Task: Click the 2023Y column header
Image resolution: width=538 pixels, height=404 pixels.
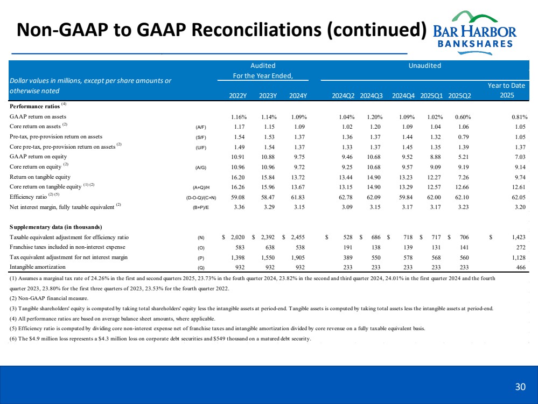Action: coord(268,96)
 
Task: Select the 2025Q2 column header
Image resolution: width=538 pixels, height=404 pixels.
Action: coord(459,96)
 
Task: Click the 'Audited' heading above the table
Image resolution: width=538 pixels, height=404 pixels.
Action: coord(263,66)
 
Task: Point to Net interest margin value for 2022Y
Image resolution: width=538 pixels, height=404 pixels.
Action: coord(238,206)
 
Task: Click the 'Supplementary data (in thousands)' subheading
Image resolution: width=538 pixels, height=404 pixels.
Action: coord(56,226)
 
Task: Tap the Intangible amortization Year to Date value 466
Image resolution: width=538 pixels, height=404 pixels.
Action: coord(520,267)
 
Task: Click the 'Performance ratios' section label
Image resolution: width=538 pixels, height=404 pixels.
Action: coord(33,107)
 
